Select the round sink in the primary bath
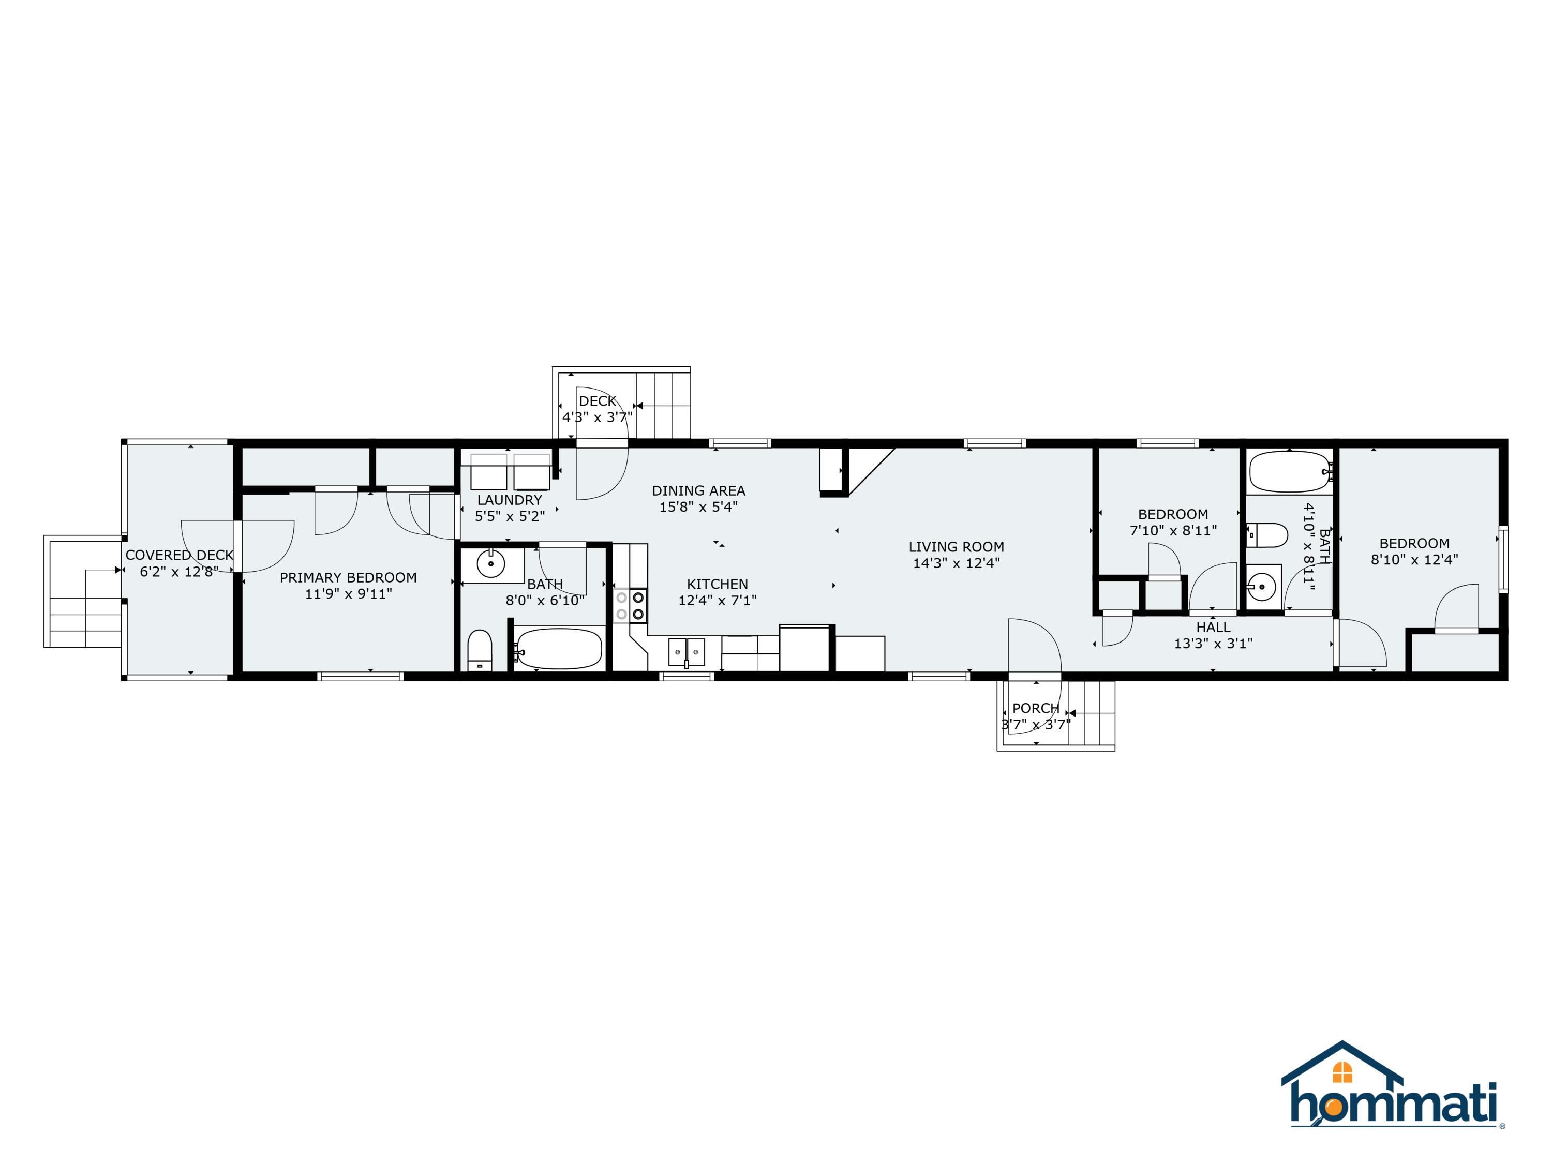[490, 563]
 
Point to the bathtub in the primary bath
[559, 648]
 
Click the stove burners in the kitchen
[630, 605]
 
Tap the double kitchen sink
[685, 652]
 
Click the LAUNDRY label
[510, 500]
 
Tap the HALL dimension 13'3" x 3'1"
[1213, 644]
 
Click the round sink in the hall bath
[1262, 585]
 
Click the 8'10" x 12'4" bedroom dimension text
[1414, 560]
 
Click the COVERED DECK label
[179, 555]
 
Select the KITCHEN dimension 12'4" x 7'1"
[717, 601]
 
